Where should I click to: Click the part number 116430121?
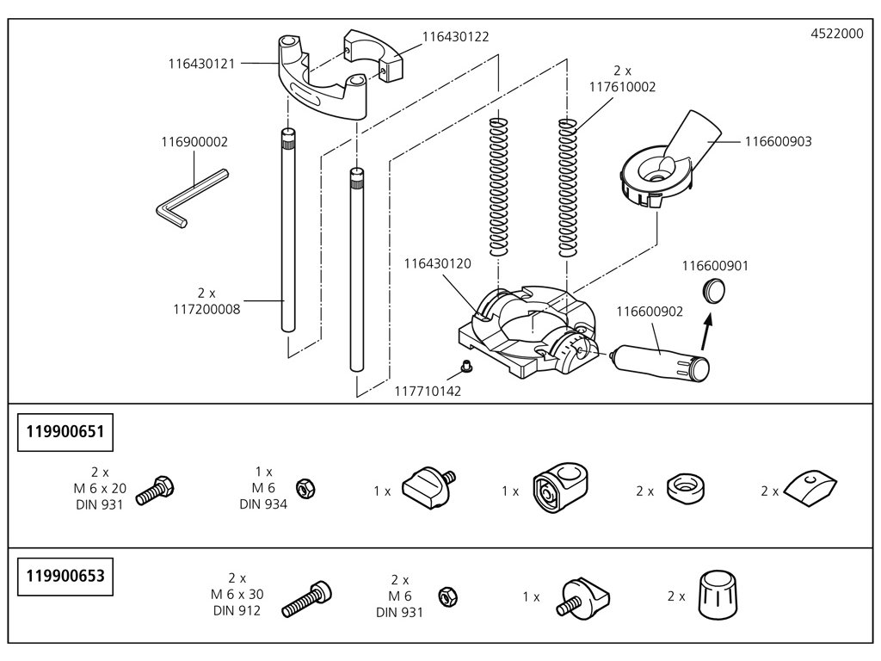pos(203,63)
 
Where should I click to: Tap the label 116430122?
pos(456,37)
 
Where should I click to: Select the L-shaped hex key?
pos(189,198)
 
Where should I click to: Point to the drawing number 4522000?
pos(837,34)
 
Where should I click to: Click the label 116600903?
pos(778,141)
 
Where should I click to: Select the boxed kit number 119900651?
pos(65,431)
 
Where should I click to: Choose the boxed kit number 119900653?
pos(65,575)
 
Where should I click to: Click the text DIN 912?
pos(237,610)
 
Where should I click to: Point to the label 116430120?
pos(437,264)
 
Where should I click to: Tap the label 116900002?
pos(194,141)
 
